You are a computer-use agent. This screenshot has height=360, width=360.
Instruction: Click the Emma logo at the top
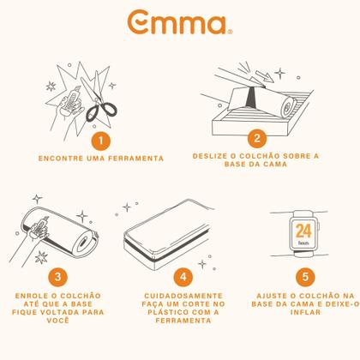179,22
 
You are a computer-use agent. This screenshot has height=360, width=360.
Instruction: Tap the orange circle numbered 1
101,141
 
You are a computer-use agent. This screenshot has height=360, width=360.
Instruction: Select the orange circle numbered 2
257,139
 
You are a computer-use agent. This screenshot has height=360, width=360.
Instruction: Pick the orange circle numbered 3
58,277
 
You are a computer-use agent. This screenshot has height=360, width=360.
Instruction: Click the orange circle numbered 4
183,277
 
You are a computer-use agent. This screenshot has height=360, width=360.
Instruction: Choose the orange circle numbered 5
305,277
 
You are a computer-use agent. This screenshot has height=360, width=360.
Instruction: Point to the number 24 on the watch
303,231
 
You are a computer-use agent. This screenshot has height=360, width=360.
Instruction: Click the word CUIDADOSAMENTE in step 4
183,296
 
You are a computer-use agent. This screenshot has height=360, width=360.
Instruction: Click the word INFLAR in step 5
305,312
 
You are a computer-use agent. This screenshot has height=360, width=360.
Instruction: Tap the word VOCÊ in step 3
58,321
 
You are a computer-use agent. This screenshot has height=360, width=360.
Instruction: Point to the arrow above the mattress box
263,75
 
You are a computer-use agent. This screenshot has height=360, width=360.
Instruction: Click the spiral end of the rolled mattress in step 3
85,243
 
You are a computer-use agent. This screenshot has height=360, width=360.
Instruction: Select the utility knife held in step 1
71,99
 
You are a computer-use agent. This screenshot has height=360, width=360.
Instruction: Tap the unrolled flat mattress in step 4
169,234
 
